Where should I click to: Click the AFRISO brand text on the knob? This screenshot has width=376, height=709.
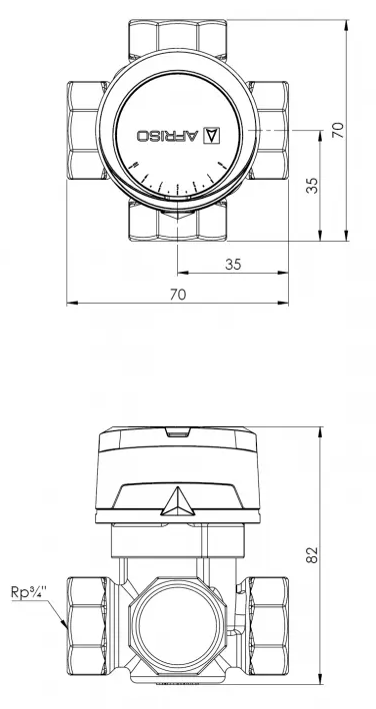(x=168, y=135)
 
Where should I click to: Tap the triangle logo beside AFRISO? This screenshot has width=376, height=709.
(x=212, y=135)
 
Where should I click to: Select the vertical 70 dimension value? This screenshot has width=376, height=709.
(x=338, y=130)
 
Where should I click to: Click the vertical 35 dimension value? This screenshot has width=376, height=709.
(x=312, y=185)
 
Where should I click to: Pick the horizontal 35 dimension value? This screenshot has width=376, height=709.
(x=233, y=264)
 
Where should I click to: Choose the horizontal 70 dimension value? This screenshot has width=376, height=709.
(x=178, y=295)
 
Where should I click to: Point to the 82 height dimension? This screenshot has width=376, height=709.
(x=312, y=555)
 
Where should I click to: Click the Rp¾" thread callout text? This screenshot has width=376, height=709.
(x=29, y=592)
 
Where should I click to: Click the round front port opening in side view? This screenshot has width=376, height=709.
(x=178, y=626)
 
